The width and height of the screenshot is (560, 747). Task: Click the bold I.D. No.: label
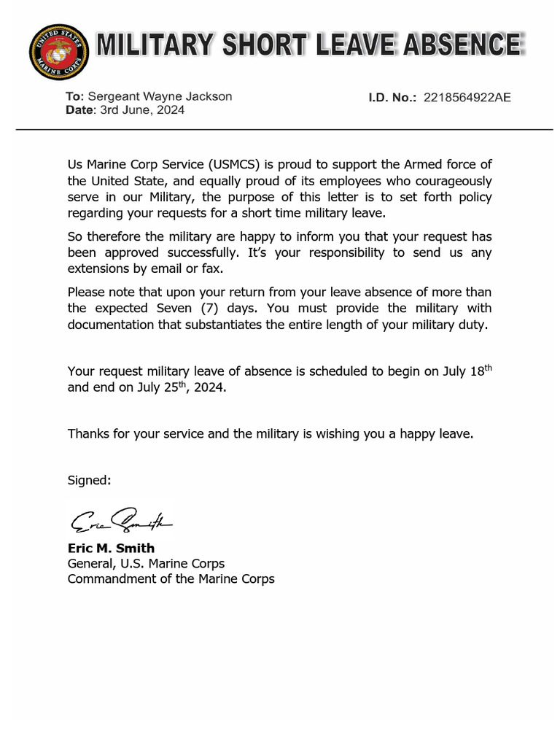click(392, 96)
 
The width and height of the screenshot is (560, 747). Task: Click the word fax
click(190, 268)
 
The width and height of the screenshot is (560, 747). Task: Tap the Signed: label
click(89, 480)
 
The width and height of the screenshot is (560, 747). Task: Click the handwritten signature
click(120, 521)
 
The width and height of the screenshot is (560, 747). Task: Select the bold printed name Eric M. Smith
click(111, 548)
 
